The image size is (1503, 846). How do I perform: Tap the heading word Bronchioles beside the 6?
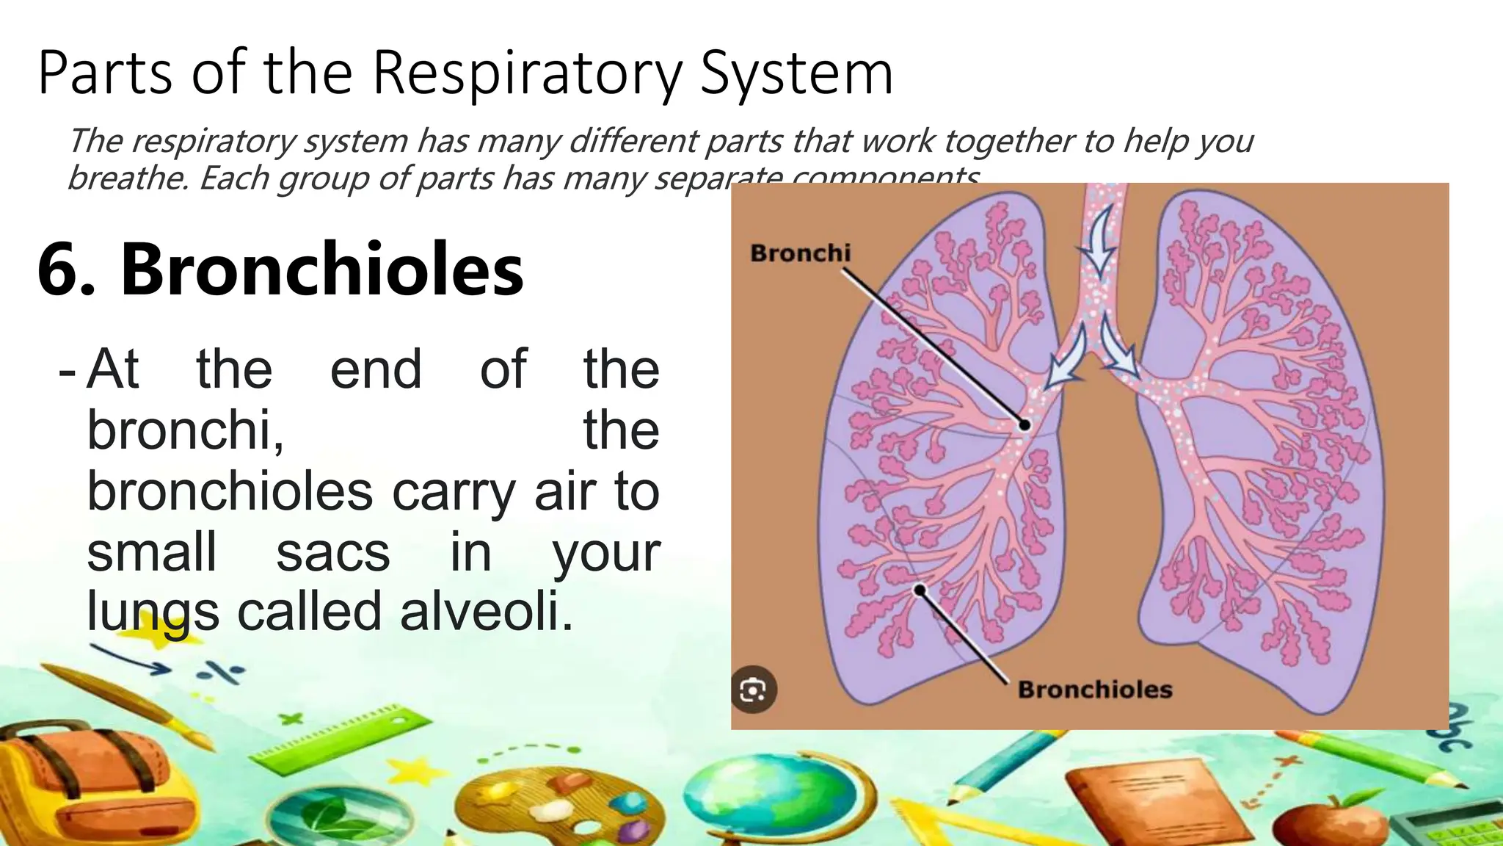[x=322, y=269]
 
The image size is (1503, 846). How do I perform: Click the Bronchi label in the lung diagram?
[x=800, y=253]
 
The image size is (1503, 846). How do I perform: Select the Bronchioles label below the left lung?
[x=1094, y=690]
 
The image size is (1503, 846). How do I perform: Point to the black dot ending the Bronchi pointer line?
[x=1025, y=424]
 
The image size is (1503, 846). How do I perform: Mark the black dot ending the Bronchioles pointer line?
[x=920, y=590]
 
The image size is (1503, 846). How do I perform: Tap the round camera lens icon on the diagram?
[x=754, y=690]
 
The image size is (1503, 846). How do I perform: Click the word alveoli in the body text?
[x=485, y=611]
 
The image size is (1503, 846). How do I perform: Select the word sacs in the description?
[x=332, y=552]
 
